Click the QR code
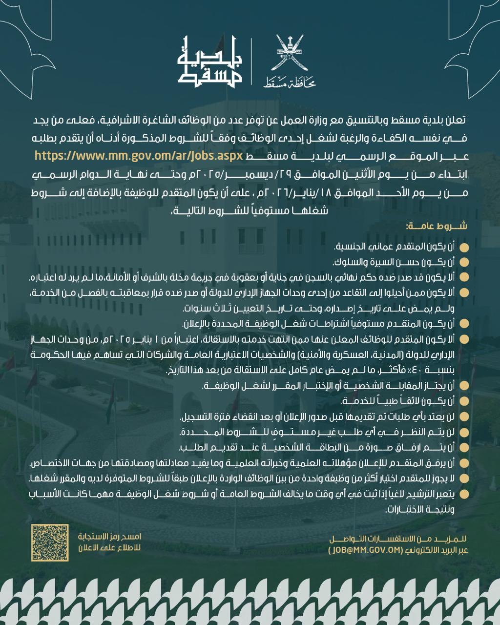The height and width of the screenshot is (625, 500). coord(50,542)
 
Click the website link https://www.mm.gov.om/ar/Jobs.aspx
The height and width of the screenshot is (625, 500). coord(139,156)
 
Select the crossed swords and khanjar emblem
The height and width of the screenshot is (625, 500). coord(290,52)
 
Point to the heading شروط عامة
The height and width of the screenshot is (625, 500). coord(436,226)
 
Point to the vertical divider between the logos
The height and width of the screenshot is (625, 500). coord(252,62)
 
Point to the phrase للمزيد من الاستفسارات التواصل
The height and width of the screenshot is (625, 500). coord(397,539)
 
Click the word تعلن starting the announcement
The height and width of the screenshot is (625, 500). coord(457,120)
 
